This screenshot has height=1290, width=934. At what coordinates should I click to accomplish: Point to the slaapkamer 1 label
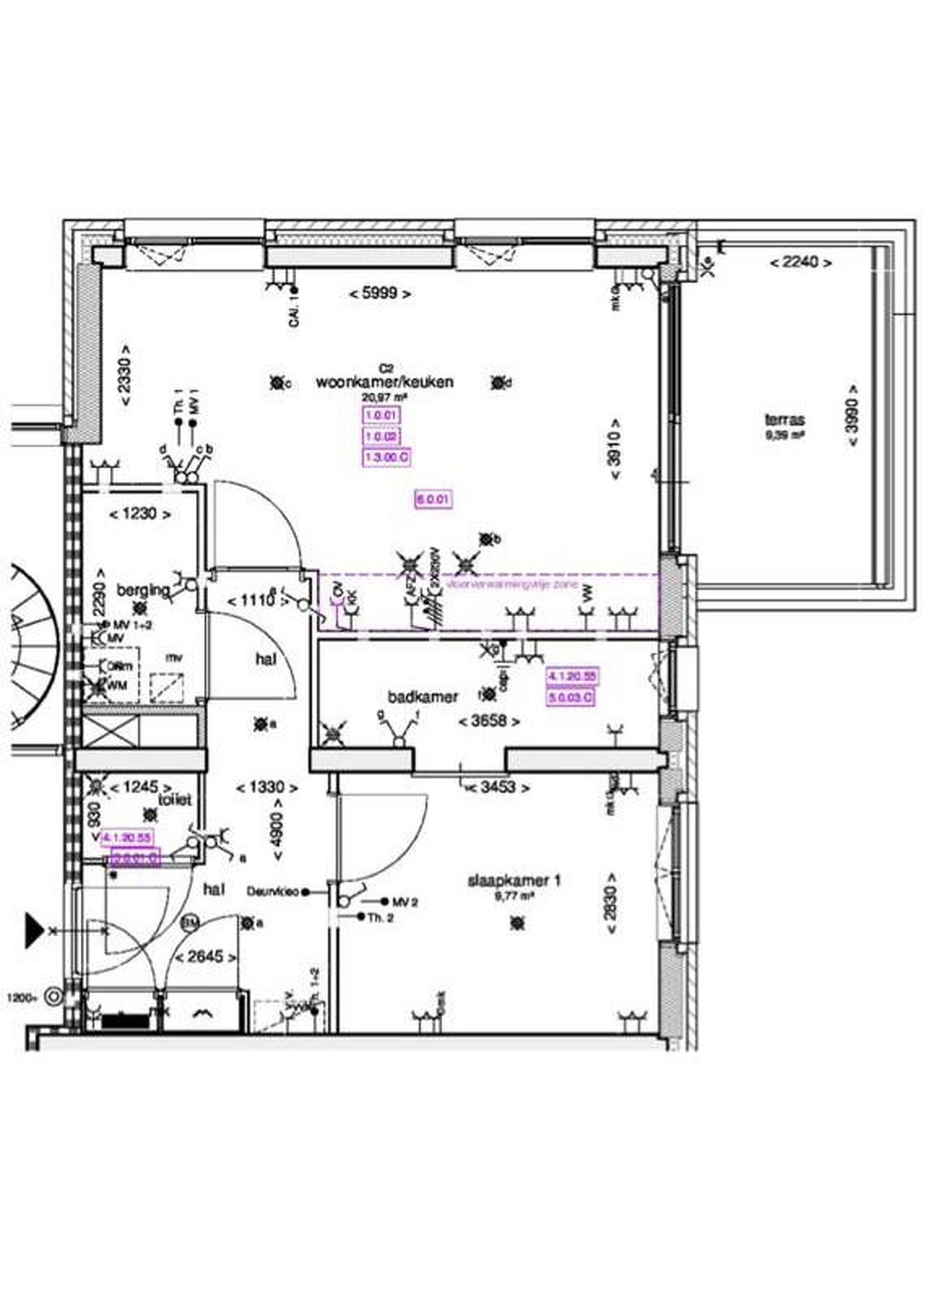click(514, 881)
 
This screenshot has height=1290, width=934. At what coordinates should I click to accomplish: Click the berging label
click(143, 590)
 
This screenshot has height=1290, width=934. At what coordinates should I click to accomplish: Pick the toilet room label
click(175, 799)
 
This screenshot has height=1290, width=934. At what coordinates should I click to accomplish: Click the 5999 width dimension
click(380, 294)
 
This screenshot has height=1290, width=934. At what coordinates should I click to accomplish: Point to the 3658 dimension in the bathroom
click(489, 722)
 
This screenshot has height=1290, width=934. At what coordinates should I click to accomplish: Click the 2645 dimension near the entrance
click(205, 957)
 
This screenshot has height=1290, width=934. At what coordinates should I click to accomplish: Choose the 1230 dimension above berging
click(139, 514)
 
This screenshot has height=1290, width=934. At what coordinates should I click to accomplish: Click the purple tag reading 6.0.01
click(434, 499)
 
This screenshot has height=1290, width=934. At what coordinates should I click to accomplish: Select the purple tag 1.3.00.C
click(387, 457)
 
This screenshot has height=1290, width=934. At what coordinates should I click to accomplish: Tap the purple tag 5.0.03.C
click(570, 697)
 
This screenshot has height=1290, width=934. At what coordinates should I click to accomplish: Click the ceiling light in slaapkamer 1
click(517, 923)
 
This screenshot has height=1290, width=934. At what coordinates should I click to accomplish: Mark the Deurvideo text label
click(272, 892)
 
